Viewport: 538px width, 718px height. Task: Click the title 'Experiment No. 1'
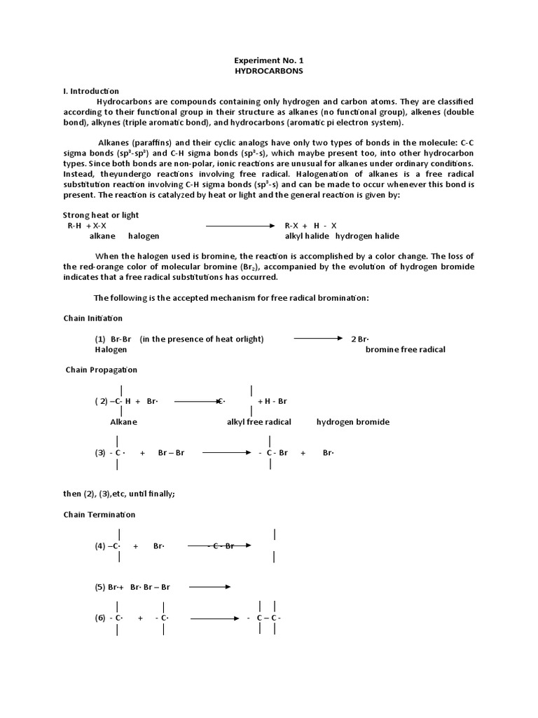270,61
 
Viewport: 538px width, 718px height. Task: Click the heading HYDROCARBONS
270,72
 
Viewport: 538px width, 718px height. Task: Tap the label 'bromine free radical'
405,349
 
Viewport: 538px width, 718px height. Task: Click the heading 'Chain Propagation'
102,370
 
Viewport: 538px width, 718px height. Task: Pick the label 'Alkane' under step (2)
123,422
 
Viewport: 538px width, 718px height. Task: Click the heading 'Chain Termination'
99,515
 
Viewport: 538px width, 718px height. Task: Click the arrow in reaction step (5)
209,587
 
